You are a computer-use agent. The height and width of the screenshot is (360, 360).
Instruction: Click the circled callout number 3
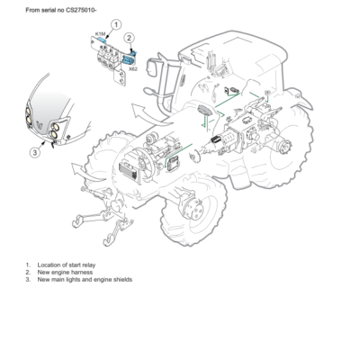[35, 152]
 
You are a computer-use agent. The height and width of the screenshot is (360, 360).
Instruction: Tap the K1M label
[99, 34]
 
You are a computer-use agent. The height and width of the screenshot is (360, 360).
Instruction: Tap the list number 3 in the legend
[27, 279]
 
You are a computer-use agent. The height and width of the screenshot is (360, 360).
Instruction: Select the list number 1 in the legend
[27, 263]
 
